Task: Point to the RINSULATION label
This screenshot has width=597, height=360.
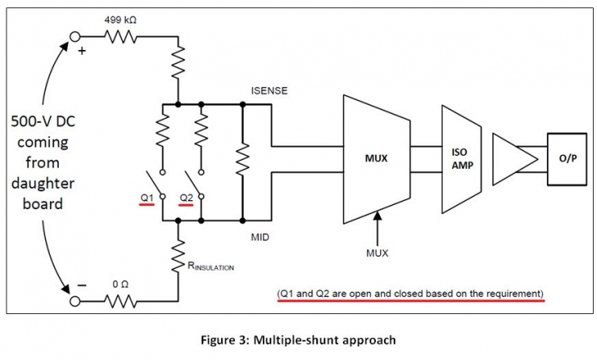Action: coord(211,266)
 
